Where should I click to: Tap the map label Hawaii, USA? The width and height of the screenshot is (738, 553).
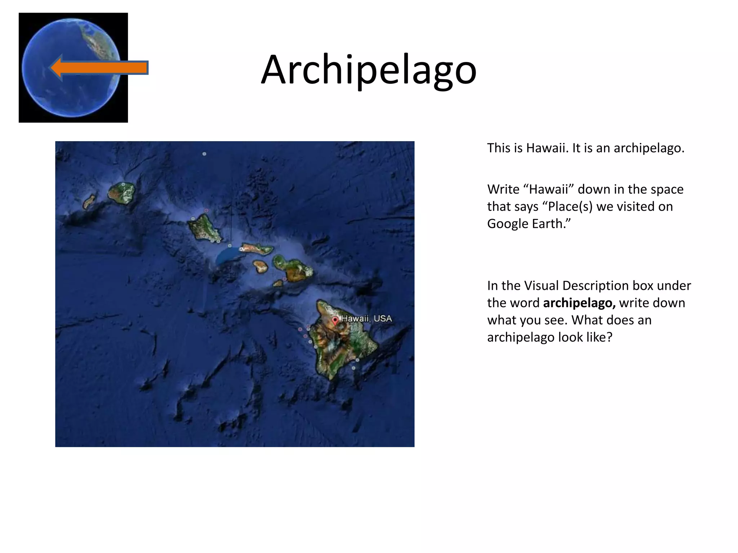(366, 319)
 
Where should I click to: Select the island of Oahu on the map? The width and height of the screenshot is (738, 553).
(202, 228)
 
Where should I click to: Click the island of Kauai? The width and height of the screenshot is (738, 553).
(122, 193)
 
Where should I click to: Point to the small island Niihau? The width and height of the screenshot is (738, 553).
(89, 202)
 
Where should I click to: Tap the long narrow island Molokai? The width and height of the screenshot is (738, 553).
(257, 249)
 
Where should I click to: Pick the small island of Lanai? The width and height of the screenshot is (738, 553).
(260, 266)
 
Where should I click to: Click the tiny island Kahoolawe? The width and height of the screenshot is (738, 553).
(278, 284)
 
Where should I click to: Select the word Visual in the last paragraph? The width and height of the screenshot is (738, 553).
(541, 286)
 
